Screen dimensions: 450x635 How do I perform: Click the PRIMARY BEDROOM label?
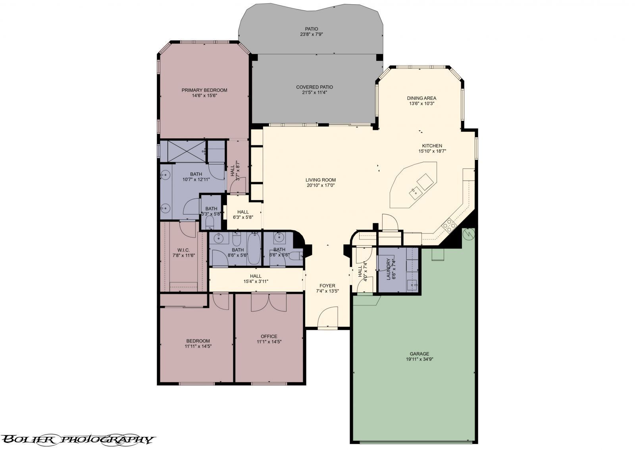[x=204, y=90]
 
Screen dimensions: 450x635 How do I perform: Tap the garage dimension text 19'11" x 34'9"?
[x=419, y=359]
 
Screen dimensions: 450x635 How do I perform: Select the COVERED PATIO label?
[x=314, y=87]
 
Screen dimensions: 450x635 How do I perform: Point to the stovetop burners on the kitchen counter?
[x=450, y=225]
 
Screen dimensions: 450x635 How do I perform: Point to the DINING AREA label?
[x=421, y=98]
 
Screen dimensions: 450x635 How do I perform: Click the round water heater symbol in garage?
[x=469, y=234]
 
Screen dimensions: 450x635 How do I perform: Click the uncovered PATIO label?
[x=312, y=29]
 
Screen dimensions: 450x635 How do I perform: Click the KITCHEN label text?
[x=432, y=146]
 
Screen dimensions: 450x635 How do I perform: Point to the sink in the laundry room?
[x=414, y=284]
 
